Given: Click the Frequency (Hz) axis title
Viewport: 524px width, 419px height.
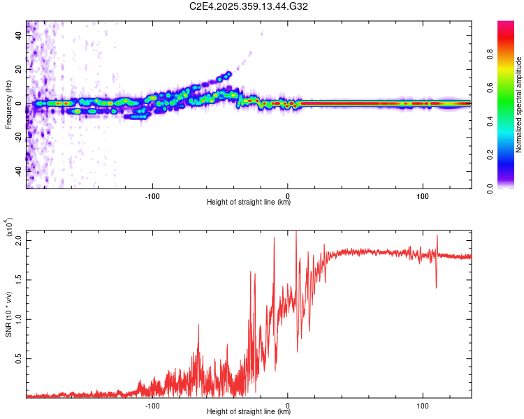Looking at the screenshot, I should click(8, 104).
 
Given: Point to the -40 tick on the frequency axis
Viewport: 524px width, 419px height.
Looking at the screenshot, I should click(20, 171).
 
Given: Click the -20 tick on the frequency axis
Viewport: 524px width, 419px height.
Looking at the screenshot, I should click(20, 138).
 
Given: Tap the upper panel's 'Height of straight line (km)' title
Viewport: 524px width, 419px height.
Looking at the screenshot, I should click(249, 203).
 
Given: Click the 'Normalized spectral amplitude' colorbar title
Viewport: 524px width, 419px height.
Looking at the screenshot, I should click(519, 105).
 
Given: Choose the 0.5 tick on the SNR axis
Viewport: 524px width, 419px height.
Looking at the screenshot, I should click(20, 359).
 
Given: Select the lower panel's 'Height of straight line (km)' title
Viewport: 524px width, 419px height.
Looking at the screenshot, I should click(249, 412).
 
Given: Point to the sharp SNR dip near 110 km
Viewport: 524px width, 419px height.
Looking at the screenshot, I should click(437, 287).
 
